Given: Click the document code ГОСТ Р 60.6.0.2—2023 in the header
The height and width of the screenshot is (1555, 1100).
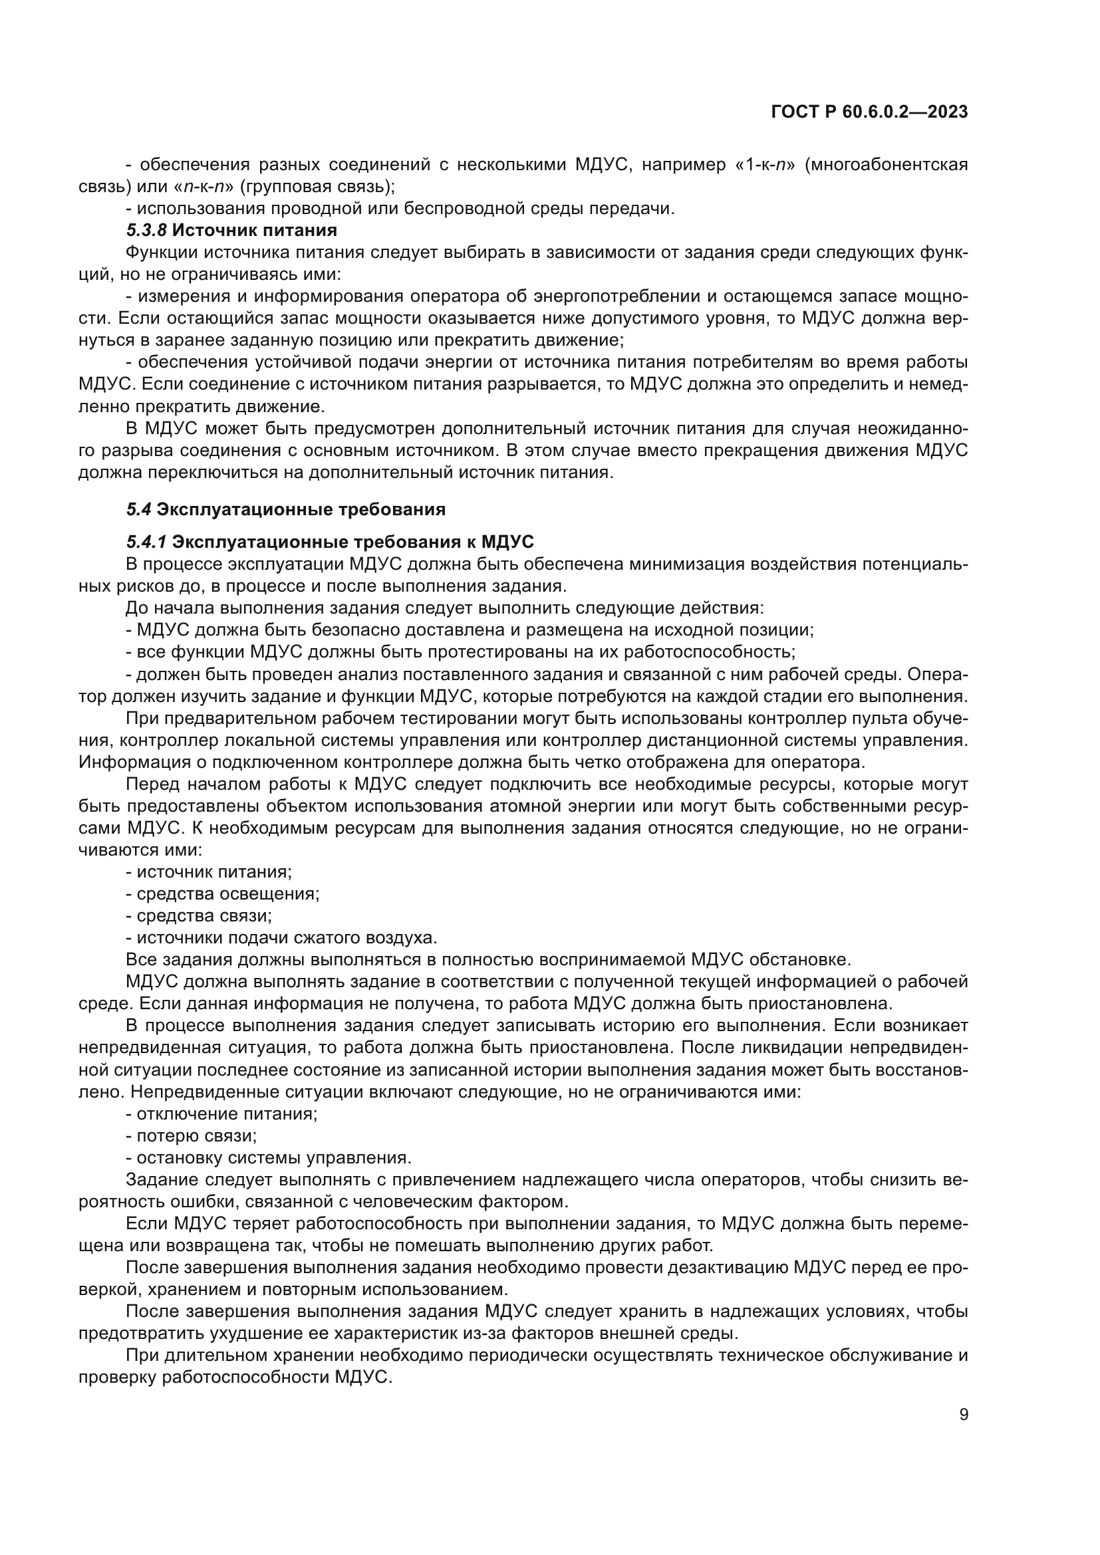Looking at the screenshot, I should [x=869, y=112].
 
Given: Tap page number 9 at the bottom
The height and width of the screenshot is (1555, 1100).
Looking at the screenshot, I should [x=963, y=1414].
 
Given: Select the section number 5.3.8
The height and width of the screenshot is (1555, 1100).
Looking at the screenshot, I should [x=146, y=230].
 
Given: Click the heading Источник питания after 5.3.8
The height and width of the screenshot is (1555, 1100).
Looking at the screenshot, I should [x=254, y=230].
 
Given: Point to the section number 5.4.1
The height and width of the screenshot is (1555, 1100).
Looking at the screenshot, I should [x=146, y=542].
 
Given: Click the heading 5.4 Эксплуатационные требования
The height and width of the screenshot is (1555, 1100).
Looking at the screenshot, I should [x=286, y=509].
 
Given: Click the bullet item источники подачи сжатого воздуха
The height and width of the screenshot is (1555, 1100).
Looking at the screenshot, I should [x=281, y=938].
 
